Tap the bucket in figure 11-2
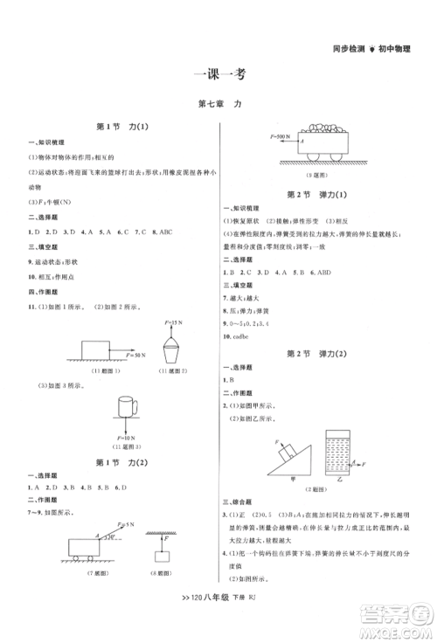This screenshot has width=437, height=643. (173, 355)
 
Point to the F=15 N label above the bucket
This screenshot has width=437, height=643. (173, 323)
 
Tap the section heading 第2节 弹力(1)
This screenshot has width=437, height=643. (317, 193)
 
